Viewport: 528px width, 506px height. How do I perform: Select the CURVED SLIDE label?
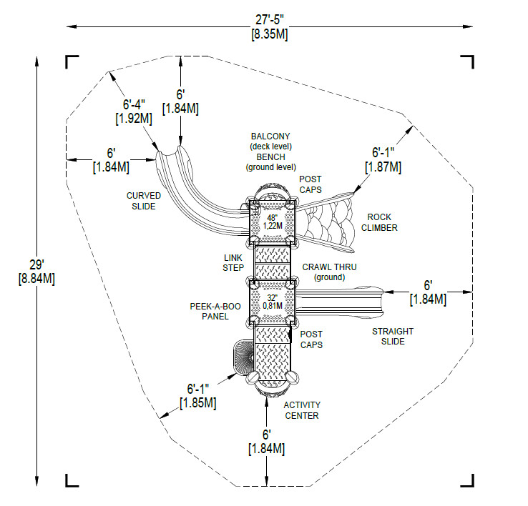pyautogui.click(x=144, y=201)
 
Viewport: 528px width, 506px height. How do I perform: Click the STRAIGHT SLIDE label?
pyautogui.click(x=393, y=336)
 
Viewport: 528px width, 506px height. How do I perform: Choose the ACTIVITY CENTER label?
pyautogui.click(x=301, y=410)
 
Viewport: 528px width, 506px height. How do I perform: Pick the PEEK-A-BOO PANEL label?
pyautogui.click(x=214, y=312)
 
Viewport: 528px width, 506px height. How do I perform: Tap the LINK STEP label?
pyautogui.click(x=234, y=262)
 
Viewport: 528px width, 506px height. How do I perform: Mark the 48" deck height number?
pyautogui.click(x=272, y=217)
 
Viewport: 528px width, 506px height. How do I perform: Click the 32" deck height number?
pyautogui.click(x=272, y=298)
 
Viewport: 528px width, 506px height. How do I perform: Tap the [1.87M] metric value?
pyautogui.click(x=383, y=167)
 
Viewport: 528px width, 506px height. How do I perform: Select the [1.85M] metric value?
pyautogui.click(x=197, y=403)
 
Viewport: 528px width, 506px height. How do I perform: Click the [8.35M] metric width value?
pyautogui.click(x=268, y=34)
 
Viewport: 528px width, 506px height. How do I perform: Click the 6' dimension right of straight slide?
pyautogui.click(x=428, y=285)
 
